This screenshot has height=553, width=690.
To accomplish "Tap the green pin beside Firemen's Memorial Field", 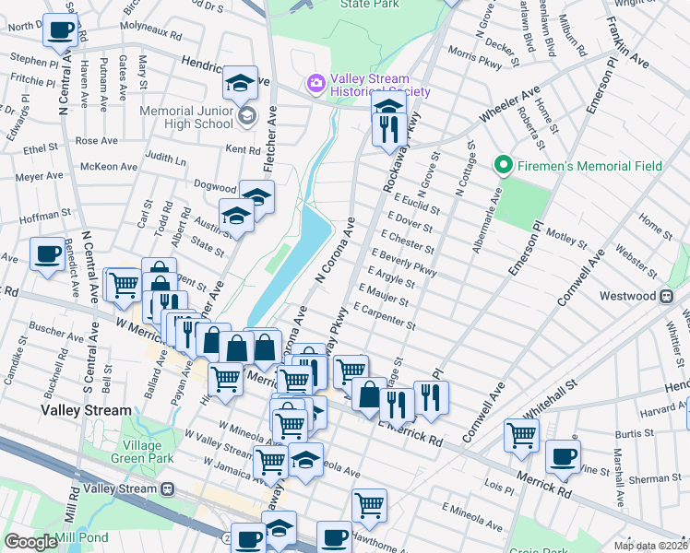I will [x=503, y=166].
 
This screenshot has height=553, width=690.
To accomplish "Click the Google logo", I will [x=30, y=542].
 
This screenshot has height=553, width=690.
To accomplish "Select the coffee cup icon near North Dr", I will [x=61, y=29].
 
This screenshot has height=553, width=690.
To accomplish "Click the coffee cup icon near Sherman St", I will [x=563, y=456].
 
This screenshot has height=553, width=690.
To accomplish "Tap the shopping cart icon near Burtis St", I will [x=521, y=435].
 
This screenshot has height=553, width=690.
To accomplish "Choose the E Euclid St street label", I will [x=415, y=204].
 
